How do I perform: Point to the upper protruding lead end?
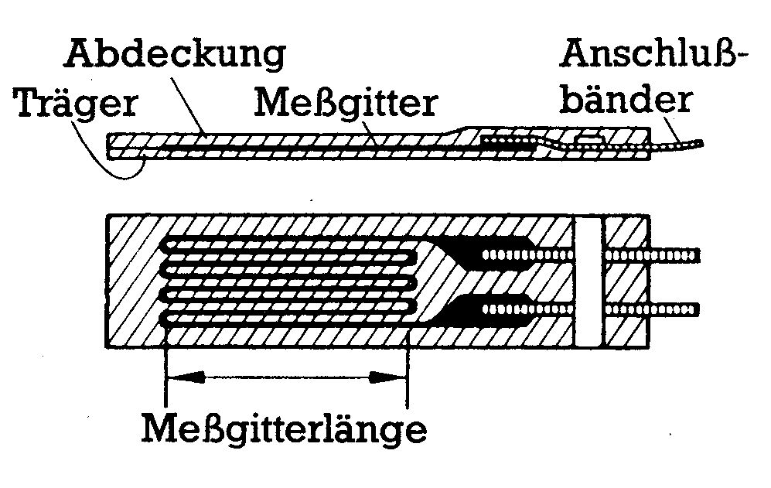click(681, 254)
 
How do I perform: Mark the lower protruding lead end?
click(681, 309)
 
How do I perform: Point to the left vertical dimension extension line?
click(166, 363)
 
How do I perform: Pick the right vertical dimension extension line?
click(407, 363)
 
